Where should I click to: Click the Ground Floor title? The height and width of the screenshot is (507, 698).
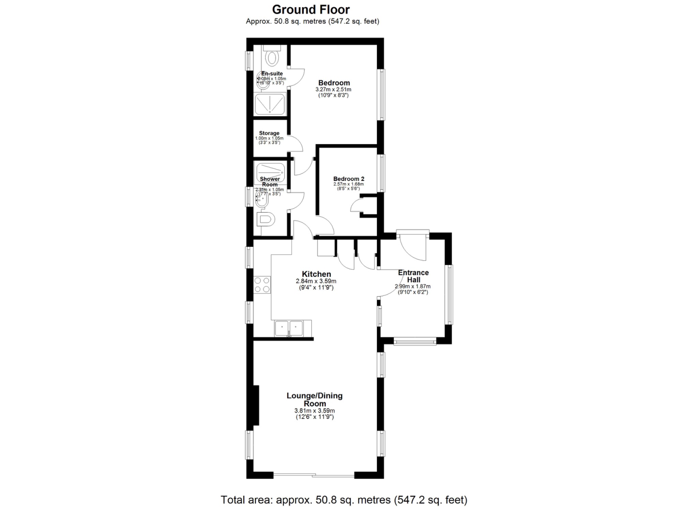[311, 10]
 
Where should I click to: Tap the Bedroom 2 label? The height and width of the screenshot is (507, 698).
[349, 179]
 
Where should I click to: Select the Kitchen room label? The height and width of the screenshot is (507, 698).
[316, 274]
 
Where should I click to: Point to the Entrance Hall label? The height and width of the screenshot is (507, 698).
[413, 276]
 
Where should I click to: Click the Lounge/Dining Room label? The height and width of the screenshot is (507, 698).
[315, 399]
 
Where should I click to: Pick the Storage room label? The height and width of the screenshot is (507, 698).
[269, 133]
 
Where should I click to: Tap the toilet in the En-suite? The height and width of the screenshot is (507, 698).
[272, 58]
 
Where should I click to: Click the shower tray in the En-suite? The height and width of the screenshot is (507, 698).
[270, 104]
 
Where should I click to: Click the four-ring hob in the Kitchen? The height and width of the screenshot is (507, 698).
[262, 285]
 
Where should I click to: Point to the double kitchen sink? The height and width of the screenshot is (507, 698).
[289, 329]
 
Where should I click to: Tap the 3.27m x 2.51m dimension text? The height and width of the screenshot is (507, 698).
[333, 90]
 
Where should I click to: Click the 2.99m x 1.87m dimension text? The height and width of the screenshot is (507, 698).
[413, 286]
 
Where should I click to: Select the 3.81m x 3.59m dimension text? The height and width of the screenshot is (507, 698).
[315, 411]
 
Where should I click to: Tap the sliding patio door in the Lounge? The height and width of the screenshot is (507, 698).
[314, 475]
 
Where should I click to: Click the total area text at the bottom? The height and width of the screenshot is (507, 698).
[344, 500]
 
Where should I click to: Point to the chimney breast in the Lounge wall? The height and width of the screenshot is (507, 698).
[256, 405]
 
